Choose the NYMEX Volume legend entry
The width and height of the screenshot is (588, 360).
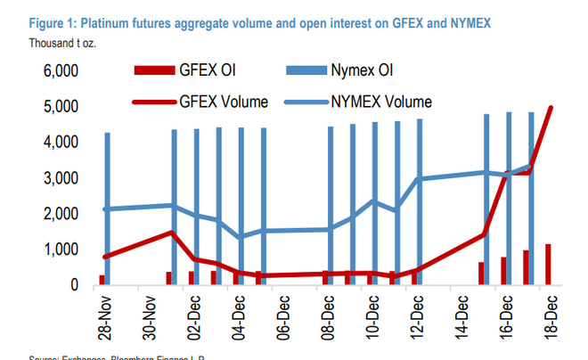[x=384, y=102]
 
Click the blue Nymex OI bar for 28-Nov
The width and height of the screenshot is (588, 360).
[x=108, y=209]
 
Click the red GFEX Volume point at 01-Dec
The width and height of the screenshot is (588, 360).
[x=169, y=233]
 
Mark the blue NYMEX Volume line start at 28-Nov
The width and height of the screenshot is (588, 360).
[x=105, y=209]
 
